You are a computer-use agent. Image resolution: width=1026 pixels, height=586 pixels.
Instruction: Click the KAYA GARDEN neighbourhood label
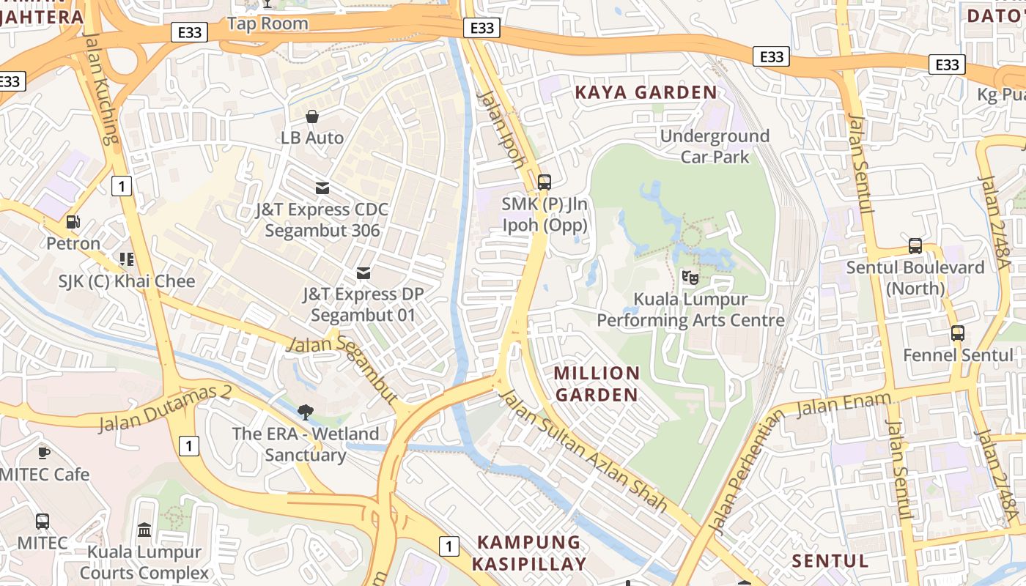pos(646,92)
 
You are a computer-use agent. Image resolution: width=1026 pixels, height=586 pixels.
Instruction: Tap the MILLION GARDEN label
pos(597,384)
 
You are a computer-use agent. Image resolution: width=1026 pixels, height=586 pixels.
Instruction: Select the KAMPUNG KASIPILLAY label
pos(528,553)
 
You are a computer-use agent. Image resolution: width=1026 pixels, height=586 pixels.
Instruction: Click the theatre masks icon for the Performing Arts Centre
pos(690,277)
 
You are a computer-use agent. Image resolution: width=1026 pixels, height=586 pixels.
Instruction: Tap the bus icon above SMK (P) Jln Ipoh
pos(545,182)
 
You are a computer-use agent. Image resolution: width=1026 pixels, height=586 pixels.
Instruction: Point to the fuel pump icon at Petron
pos(73,221)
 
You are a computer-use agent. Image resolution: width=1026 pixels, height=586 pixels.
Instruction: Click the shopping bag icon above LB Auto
pos(312,116)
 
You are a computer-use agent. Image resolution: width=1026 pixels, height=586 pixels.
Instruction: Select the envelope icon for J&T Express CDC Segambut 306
pos(322,188)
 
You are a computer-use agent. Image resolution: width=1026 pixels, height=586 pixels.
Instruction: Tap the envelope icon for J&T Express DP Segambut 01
pos(363,273)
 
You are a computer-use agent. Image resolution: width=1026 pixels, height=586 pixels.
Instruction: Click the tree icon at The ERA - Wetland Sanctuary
pos(305,412)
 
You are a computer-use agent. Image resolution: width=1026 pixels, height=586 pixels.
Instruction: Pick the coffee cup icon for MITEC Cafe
pos(43,453)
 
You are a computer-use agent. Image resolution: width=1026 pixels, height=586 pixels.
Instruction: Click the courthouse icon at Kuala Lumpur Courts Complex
pos(144,530)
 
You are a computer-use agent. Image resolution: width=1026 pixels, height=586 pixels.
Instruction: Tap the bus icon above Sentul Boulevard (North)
pos(915,246)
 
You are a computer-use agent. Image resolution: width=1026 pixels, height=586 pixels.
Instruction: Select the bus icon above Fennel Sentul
pos(957,333)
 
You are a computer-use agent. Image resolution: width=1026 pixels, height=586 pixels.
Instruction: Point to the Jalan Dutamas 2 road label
pos(165,407)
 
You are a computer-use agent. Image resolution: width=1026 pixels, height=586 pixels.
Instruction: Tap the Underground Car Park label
pos(715,146)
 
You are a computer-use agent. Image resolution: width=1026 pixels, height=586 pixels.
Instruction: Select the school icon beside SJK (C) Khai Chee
pos(127,259)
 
